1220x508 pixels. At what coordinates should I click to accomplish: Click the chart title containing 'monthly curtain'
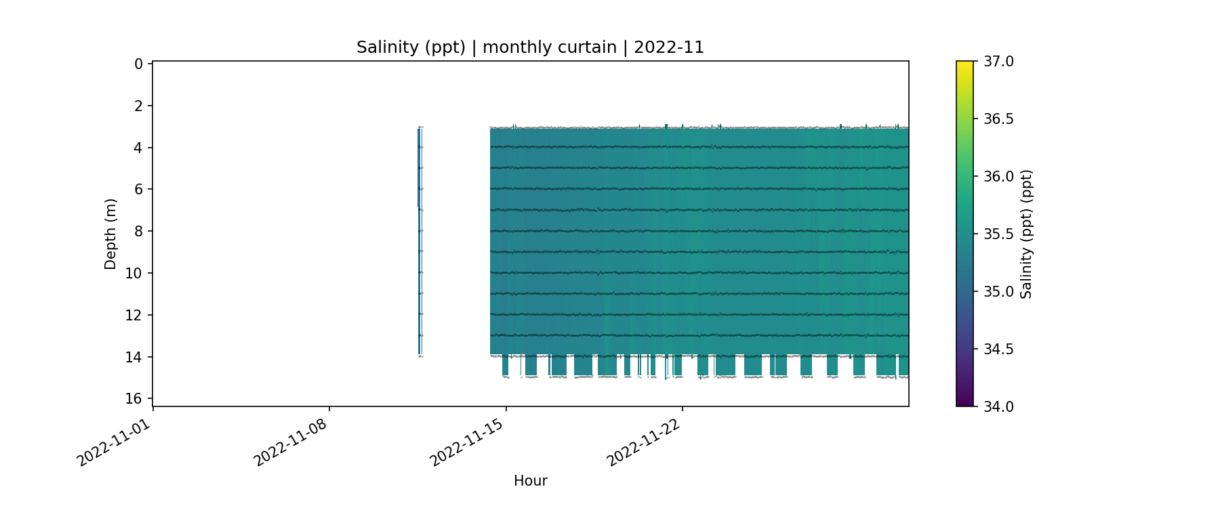pyautogui.click(x=530, y=47)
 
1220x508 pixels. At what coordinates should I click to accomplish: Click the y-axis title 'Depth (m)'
pyautogui.click(x=110, y=234)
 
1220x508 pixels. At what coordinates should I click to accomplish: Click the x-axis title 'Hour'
pyautogui.click(x=530, y=481)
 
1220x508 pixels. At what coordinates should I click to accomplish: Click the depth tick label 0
pyautogui.click(x=138, y=64)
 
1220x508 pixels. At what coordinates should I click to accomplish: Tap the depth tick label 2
pyautogui.click(x=138, y=106)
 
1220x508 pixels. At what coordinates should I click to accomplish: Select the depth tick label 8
pyautogui.click(x=138, y=232)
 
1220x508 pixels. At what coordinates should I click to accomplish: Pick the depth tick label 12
pyautogui.click(x=134, y=316)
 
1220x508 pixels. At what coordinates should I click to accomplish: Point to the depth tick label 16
pyautogui.click(x=134, y=399)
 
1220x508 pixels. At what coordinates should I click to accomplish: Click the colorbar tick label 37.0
pyautogui.click(x=998, y=62)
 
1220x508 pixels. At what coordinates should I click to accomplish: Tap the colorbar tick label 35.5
pyautogui.click(x=998, y=234)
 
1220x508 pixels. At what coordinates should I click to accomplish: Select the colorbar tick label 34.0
pyautogui.click(x=998, y=406)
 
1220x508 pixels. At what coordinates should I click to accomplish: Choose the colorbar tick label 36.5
pyautogui.click(x=998, y=119)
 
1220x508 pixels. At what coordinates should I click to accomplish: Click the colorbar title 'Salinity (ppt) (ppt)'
pyautogui.click(x=1026, y=234)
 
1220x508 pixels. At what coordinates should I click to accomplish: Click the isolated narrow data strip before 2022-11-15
pyautogui.click(x=420, y=240)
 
